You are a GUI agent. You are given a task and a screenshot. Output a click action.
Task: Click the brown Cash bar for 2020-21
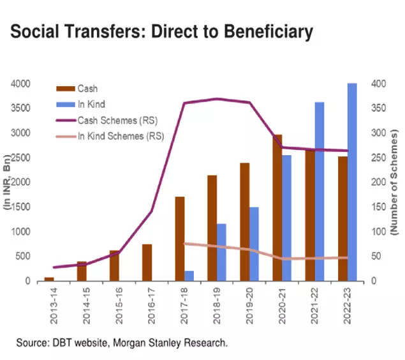pyautogui.click(x=277, y=207)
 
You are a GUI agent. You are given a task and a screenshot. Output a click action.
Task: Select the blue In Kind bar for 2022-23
pyautogui.click(x=352, y=182)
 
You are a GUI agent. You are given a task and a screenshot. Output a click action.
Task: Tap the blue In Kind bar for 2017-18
pyautogui.click(x=189, y=276)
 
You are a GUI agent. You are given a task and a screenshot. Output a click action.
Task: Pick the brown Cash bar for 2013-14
pyautogui.click(x=49, y=279)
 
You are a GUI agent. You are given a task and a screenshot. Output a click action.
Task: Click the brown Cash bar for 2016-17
pyautogui.click(x=147, y=262)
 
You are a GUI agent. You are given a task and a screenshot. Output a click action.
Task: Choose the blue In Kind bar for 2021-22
pyautogui.click(x=320, y=191)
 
